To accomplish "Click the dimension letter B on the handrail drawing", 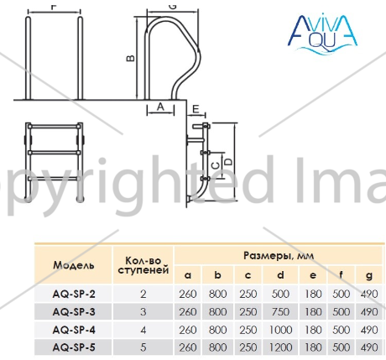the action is coord(131,58).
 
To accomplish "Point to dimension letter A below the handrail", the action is coord(160,107).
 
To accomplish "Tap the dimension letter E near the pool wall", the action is coord(196,108).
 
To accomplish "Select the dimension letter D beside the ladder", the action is coord(228,162).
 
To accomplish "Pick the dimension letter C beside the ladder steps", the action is coord(216,166).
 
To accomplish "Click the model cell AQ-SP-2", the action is coord(74,294).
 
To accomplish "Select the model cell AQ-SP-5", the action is coord(74,347).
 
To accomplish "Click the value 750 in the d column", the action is coord(280,311).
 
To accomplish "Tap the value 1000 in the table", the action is coord(280,330).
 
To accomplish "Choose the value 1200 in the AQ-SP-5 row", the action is coord(280,347).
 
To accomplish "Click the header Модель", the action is coord(74,265).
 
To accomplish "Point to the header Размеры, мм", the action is coord(279,255).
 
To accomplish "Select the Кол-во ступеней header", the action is coord(143,265).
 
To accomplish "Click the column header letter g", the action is coord(369,276).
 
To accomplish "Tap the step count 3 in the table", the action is coord(143,311).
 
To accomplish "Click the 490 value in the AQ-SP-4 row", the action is coord(369,330).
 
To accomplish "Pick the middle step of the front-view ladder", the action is coord(54,153).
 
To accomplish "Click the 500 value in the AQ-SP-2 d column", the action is coord(280,294).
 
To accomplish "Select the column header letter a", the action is coord(188,276).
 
